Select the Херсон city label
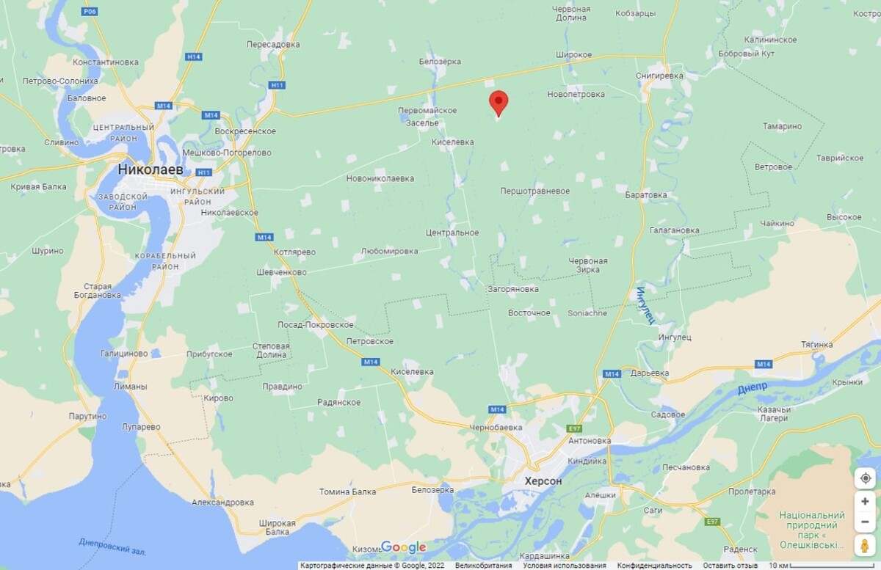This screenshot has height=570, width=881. coord(543,481)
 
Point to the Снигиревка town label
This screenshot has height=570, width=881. coord(659,76)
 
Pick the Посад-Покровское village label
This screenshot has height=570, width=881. coord(316,324)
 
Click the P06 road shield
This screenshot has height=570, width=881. coord(90,12)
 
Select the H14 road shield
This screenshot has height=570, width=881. coord(194,56)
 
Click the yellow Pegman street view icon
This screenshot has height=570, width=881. coord(865,545)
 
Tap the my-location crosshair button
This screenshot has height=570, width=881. coord(865,478)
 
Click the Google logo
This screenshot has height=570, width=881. coord(403,547)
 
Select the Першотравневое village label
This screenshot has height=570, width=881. coord(534,191)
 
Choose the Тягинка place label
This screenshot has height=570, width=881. coord(817,344)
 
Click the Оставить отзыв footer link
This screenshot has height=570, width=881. coord(730,566)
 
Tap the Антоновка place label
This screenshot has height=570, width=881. coord(590,441)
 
